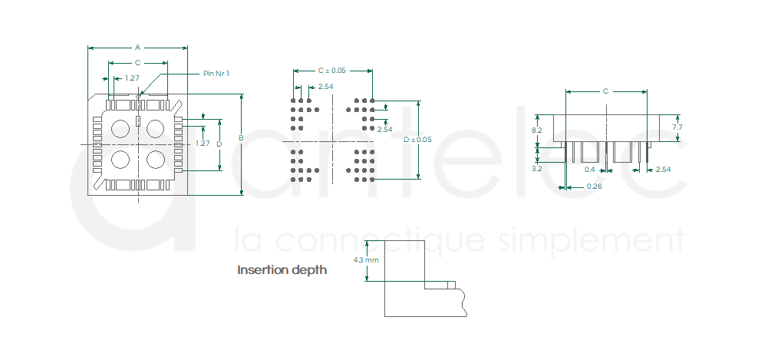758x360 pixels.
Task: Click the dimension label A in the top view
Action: click(137, 48)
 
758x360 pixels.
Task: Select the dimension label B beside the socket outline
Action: click(241, 138)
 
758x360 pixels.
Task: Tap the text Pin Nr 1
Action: click(216, 74)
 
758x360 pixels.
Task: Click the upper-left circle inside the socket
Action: click(120, 129)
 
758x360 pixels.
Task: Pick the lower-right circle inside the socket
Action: click(156, 160)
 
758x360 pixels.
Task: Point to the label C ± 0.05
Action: click(331, 71)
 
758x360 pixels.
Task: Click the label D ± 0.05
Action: click(417, 140)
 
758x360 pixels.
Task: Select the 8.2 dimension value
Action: click(536, 130)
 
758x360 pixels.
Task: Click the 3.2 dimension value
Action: click(536, 168)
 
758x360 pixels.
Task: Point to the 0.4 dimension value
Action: click(590, 170)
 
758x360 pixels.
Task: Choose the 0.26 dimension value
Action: click(594, 187)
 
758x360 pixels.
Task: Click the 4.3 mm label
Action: click(366, 260)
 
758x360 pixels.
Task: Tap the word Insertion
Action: click(261, 269)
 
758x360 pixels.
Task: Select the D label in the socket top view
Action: click(219, 144)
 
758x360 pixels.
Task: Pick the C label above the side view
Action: click(606, 91)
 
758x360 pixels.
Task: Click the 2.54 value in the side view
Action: click(663, 170)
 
